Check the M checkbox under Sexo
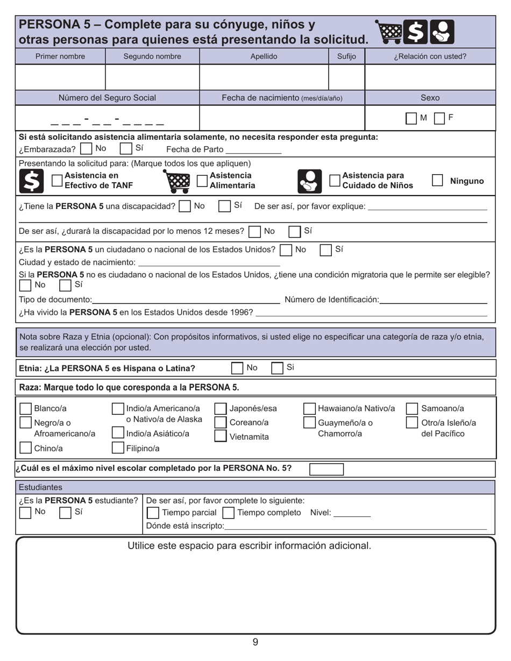point(411,118)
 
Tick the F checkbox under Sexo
point(439,118)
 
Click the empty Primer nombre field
point(61,77)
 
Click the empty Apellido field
point(264,77)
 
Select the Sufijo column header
point(346,56)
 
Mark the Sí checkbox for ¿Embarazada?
point(125,148)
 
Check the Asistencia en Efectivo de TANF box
point(56,181)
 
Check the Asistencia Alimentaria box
point(202,181)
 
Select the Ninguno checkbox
point(437,181)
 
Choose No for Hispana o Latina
point(237,368)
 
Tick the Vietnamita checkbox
point(221,436)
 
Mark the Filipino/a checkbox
point(117,447)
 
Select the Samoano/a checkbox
point(411,409)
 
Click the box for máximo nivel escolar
point(326,469)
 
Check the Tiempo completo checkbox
point(228,513)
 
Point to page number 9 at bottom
point(255,642)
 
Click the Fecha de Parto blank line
point(253,150)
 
